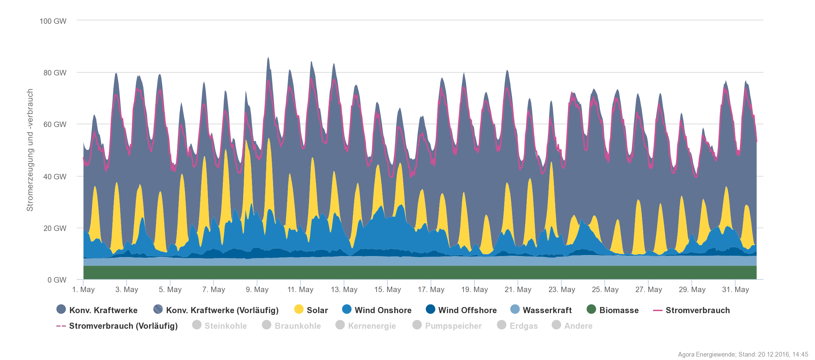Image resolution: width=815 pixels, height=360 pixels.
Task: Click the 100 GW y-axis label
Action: click(53, 21)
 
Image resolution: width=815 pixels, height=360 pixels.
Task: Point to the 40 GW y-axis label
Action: click(55, 177)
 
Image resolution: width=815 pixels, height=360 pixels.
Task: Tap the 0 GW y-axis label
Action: click(57, 280)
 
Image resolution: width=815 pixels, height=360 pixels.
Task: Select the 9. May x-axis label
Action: click(257, 289)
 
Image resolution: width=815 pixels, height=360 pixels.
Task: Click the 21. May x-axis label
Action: click(518, 289)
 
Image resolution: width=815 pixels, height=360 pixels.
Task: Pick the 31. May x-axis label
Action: click(736, 289)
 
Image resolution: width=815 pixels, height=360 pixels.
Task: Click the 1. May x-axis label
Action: click(84, 289)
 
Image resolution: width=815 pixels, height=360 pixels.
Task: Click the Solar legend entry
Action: click(317, 310)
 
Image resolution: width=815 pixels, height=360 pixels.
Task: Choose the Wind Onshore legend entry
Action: click(383, 310)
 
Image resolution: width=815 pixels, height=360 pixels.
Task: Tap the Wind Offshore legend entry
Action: click(467, 310)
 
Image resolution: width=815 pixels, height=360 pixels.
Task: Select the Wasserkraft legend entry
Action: click(547, 310)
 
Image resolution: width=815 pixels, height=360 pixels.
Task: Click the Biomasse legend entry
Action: click(618, 310)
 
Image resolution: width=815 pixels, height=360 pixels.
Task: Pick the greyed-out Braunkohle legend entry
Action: click(297, 326)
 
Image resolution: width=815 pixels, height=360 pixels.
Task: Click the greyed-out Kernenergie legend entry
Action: click(372, 326)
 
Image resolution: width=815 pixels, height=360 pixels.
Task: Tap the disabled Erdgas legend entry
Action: click(523, 326)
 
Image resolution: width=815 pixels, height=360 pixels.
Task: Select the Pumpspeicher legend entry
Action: click(453, 326)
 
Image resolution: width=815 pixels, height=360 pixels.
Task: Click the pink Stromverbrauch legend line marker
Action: click(658, 310)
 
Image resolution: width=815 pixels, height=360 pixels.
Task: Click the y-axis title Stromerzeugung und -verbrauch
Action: click(30, 150)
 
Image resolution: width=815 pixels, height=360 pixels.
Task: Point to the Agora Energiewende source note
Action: click(743, 354)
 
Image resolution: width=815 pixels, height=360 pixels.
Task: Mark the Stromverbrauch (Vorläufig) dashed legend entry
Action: click(123, 326)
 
